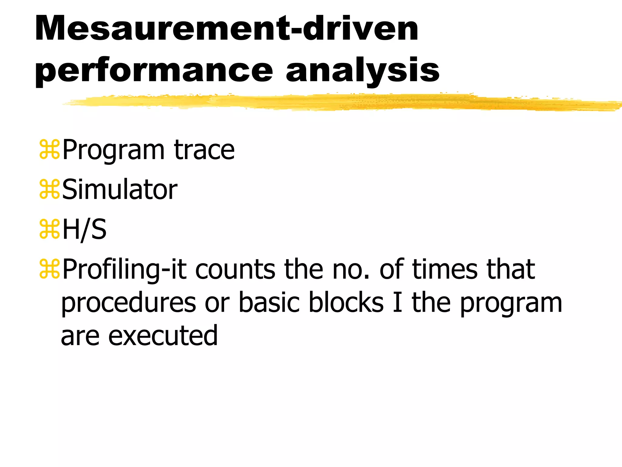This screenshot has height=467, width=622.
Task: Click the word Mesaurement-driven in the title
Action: (226, 29)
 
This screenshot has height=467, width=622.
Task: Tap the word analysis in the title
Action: (362, 71)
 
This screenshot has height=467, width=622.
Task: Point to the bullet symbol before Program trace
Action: (49, 150)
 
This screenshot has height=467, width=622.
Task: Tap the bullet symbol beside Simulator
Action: (49, 189)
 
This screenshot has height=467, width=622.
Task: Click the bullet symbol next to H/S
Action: (49, 229)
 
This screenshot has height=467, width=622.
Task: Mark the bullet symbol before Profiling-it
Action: (49, 269)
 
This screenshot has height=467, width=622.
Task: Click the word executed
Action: (163, 336)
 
